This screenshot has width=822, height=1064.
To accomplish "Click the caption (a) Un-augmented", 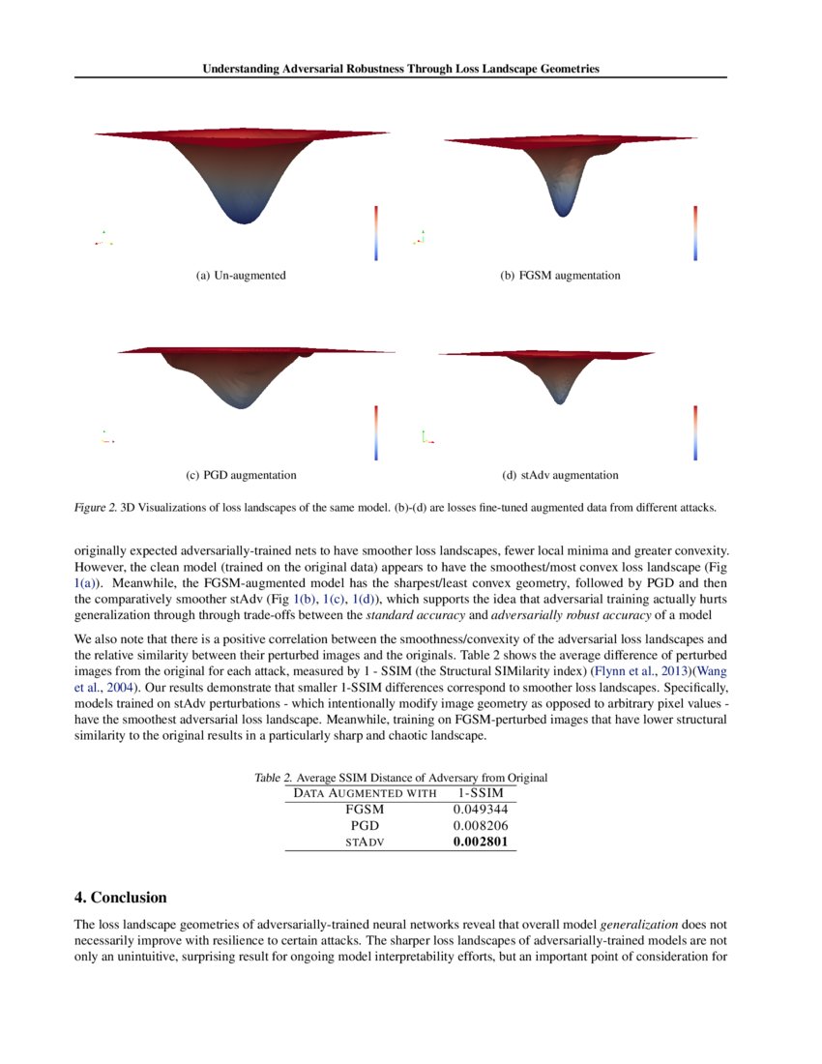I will (x=241, y=276).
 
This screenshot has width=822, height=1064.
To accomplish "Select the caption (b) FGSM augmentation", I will (x=560, y=276).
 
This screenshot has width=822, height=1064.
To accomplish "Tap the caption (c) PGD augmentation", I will (x=241, y=475).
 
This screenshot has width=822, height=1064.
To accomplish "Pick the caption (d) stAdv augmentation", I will (x=560, y=475).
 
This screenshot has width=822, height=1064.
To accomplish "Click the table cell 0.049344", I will (x=480, y=809).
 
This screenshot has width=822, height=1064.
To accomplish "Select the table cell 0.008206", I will (x=480, y=826).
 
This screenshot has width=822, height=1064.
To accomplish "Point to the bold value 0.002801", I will (x=480, y=842).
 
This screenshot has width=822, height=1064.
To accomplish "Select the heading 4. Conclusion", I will (x=121, y=898).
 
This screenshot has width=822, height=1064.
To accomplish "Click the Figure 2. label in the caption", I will (x=95, y=506).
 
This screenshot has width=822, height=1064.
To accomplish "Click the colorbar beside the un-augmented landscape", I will (x=376, y=232).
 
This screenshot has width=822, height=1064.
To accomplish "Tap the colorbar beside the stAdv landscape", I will (x=694, y=431).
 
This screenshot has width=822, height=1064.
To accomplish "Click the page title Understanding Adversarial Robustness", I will (x=400, y=69).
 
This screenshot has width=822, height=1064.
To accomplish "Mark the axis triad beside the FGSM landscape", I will (x=419, y=237).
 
